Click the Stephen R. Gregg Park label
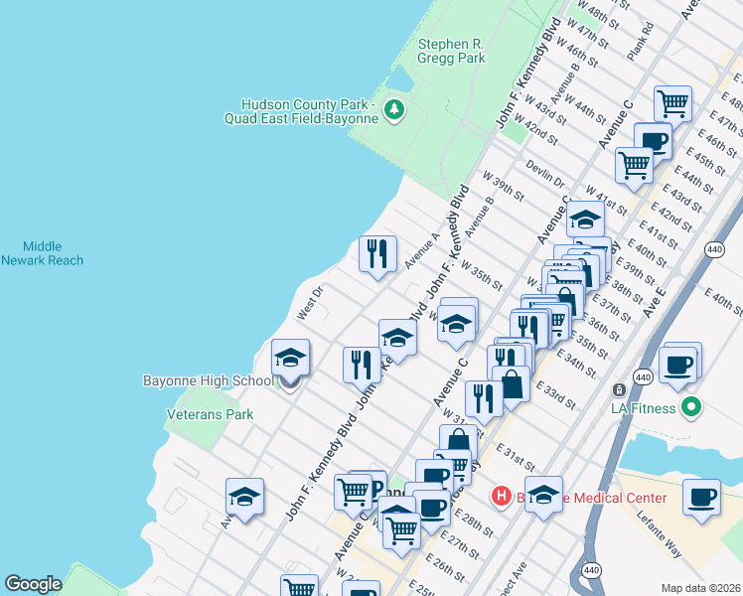click(452, 51)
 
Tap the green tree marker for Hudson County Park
click(394, 108)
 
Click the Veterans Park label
click(210, 414)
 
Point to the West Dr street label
click(310, 303)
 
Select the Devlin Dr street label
click(545, 174)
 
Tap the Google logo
click(33, 584)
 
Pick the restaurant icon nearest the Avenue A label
click(377, 254)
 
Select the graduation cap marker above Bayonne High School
click(290, 359)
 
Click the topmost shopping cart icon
click(672, 102)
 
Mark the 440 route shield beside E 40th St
click(714, 247)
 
